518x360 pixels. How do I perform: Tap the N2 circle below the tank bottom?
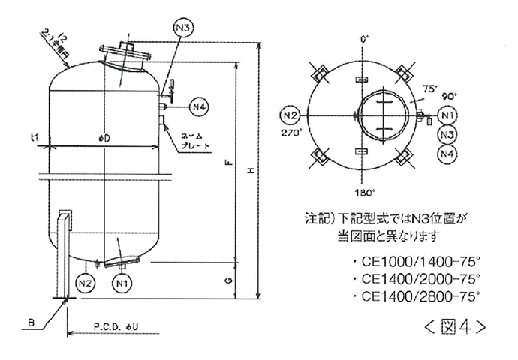coord(86,283)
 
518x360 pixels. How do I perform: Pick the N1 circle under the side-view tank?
coord(122,283)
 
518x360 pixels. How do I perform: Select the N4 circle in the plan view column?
coord(448,154)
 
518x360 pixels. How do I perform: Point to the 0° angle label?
coord(366,37)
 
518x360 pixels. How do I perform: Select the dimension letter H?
coord(252,171)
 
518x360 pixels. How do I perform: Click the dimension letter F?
coord(230,162)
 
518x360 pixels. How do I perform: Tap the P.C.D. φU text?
coord(114,327)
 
